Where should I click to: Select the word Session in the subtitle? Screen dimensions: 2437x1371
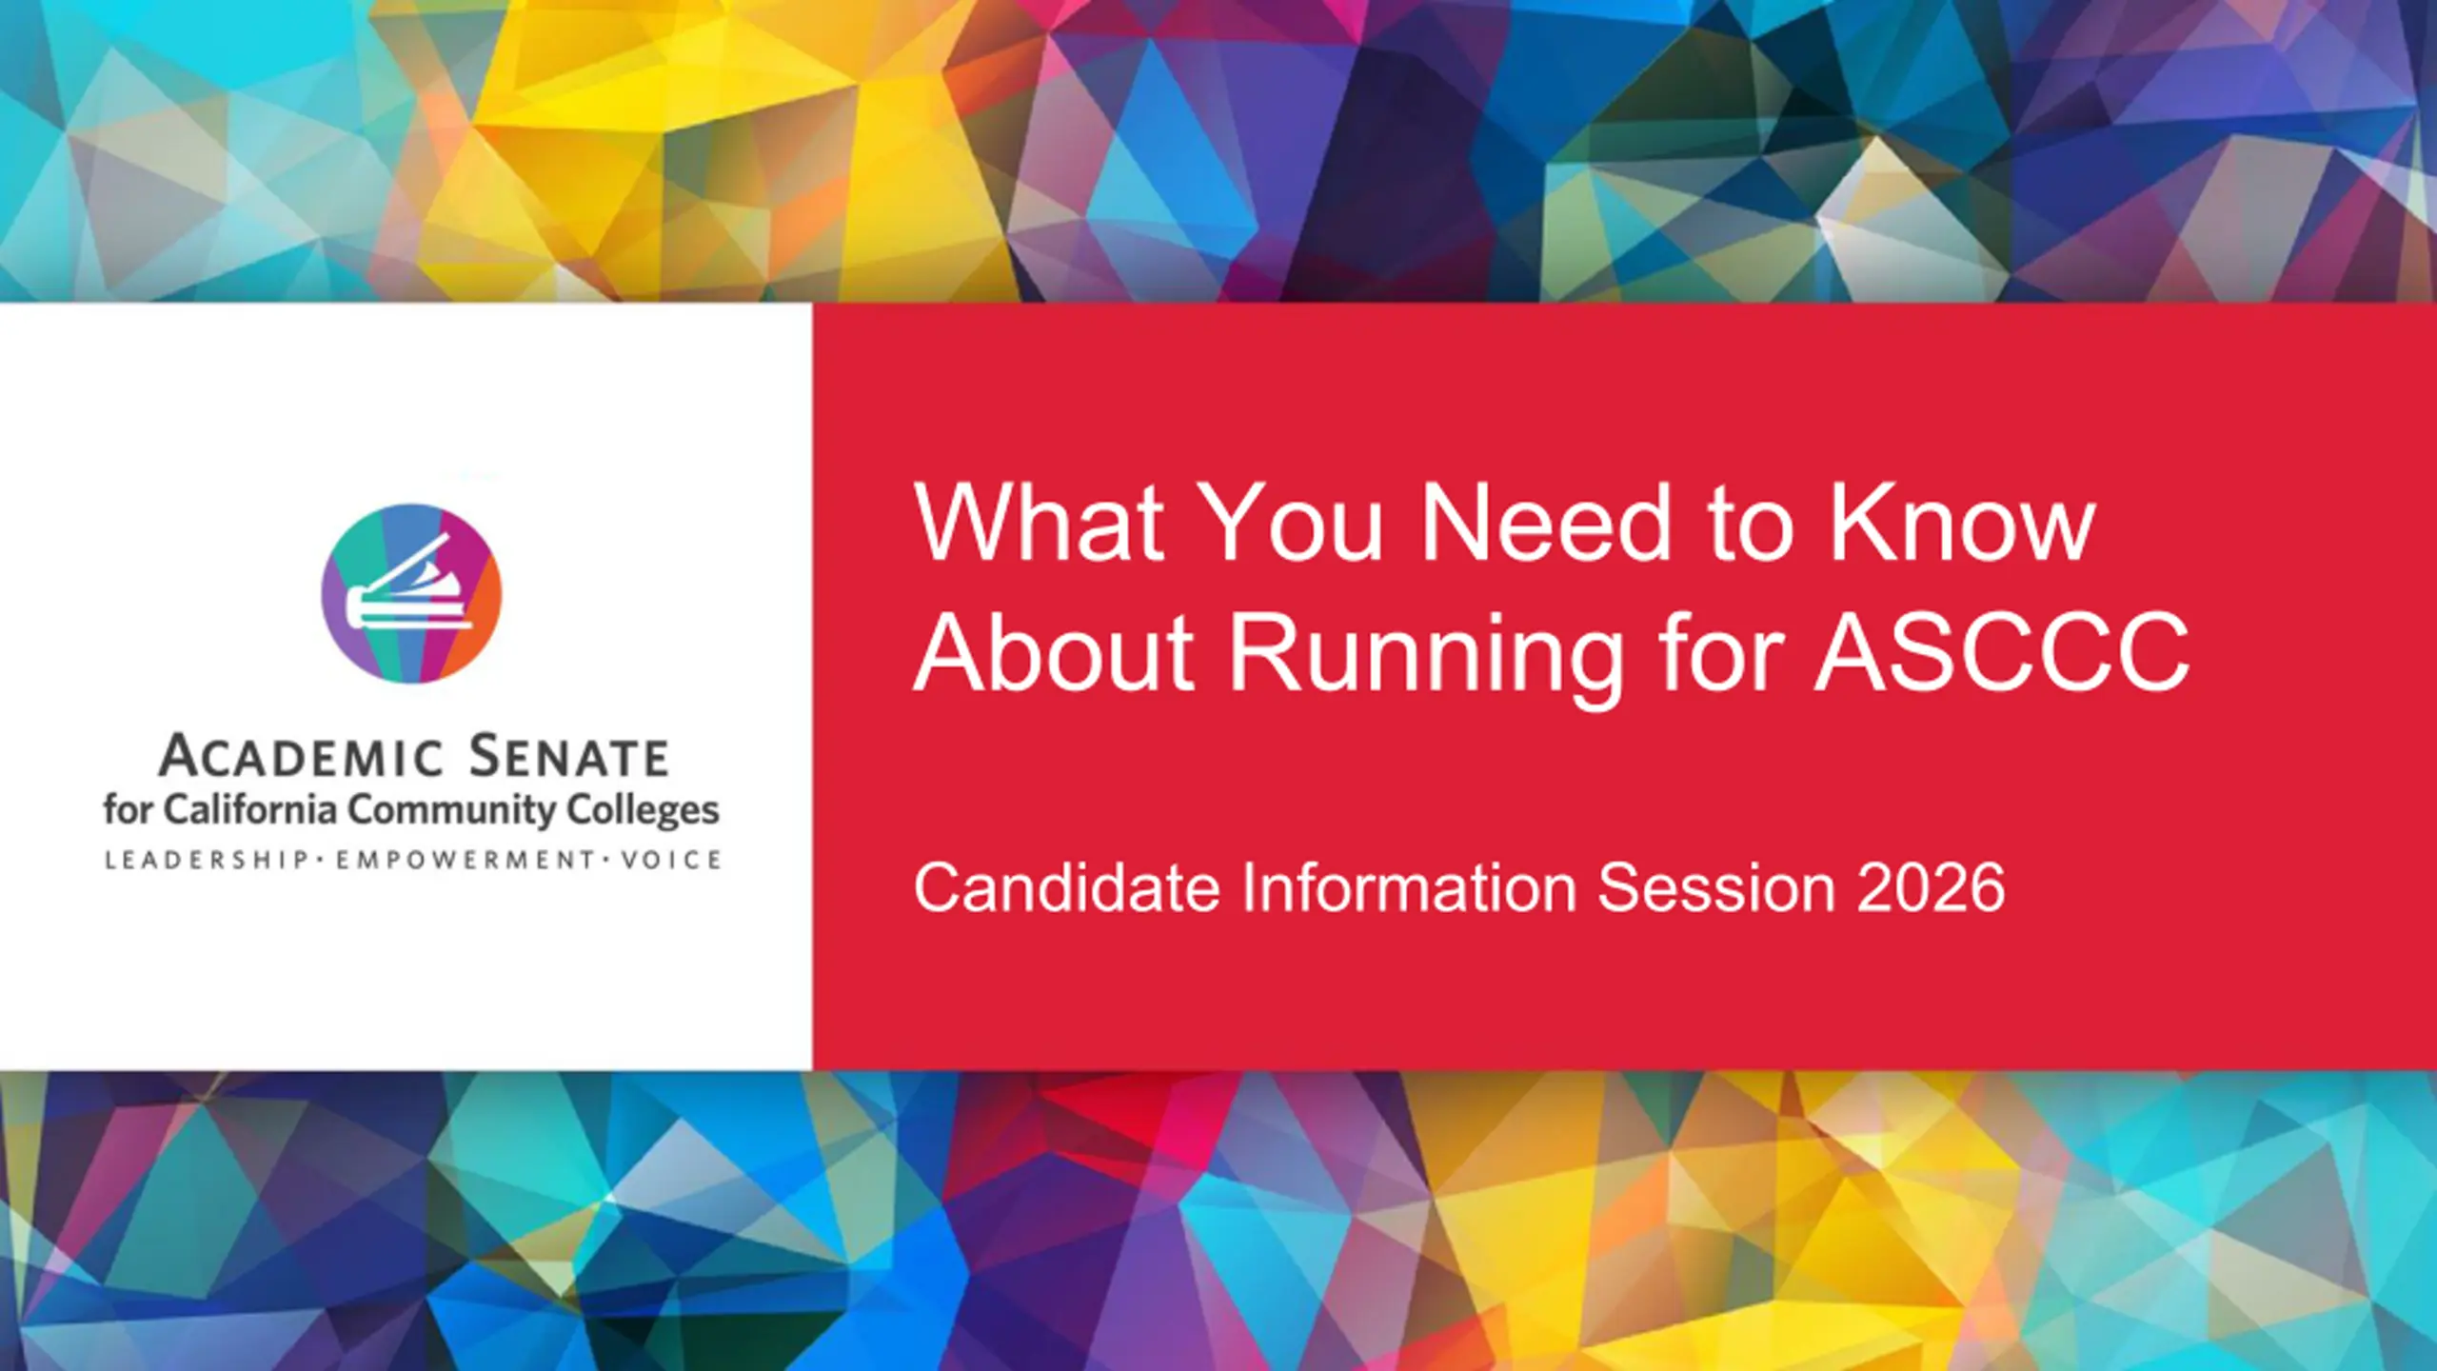[x=1716, y=887]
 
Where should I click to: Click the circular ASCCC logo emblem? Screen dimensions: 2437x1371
[x=411, y=593]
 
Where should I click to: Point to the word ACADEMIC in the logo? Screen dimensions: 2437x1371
[x=302, y=757]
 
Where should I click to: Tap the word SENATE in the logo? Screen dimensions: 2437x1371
[x=569, y=757]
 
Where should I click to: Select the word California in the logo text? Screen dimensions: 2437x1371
[x=250, y=809]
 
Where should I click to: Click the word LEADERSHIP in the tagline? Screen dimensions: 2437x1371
[x=207, y=861]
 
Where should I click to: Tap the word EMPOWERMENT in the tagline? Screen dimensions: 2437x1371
[x=466, y=861]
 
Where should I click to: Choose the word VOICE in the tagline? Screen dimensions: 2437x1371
[x=671, y=861]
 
